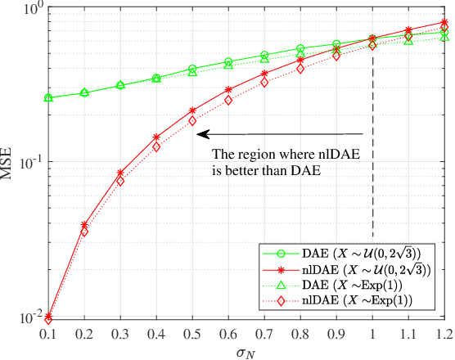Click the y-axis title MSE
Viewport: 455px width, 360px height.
(x=11, y=162)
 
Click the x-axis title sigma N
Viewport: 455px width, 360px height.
(x=246, y=350)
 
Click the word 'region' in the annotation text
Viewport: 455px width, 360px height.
(x=255, y=155)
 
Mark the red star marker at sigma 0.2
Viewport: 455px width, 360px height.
(x=84, y=224)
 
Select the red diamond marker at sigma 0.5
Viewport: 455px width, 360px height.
(x=192, y=121)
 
